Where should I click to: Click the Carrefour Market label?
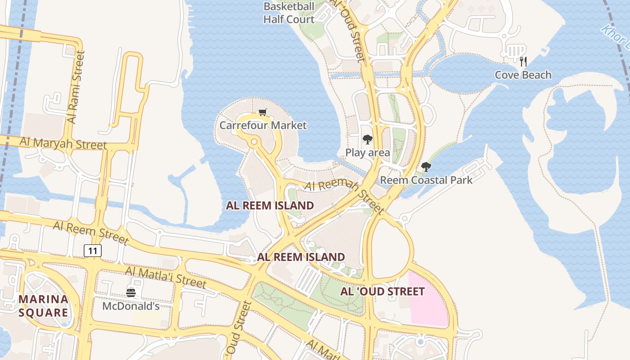(263, 125)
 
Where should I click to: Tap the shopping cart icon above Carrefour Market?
(262, 112)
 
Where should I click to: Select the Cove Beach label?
(523, 75)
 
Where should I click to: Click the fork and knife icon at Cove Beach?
(523, 62)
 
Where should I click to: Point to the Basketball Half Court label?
(289, 13)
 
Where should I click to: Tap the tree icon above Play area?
(368, 139)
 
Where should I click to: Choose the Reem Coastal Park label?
(426, 180)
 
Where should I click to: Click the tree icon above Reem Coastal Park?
(426, 167)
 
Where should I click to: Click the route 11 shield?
(93, 251)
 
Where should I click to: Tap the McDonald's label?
(131, 306)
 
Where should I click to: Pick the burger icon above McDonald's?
(131, 293)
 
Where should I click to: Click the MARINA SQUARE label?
(44, 306)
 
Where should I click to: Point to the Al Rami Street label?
(75, 87)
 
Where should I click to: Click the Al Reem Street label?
(91, 232)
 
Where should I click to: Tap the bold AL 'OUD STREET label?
(382, 292)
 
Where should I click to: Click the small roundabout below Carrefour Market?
(254, 142)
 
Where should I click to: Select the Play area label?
(368, 153)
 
